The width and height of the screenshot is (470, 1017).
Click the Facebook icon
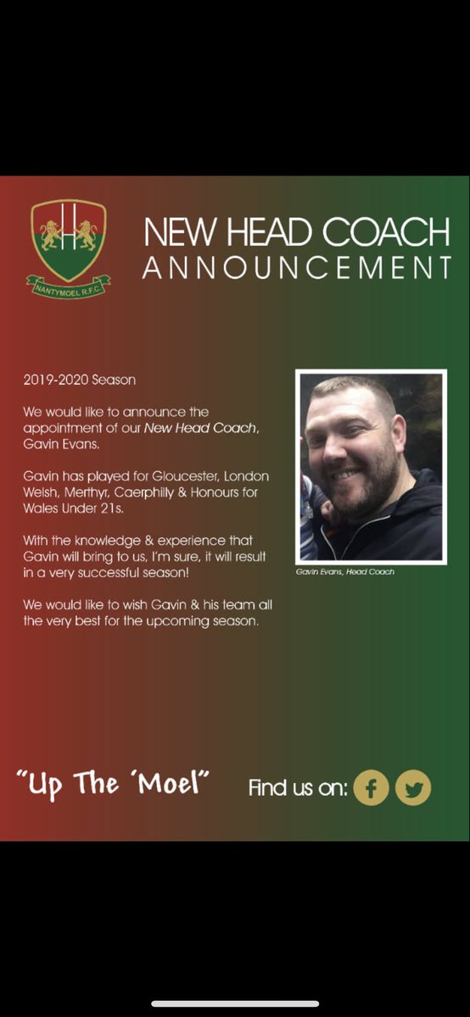pyautogui.click(x=371, y=787)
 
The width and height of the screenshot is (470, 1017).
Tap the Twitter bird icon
pyautogui.click(x=413, y=787)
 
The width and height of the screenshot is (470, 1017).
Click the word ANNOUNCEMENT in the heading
pyautogui.click(x=296, y=268)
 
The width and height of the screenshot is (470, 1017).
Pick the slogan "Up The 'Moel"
pyautogui.click(x=112, y=784)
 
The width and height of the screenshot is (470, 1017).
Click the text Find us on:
pyautogui.click(x=298, y=788)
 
